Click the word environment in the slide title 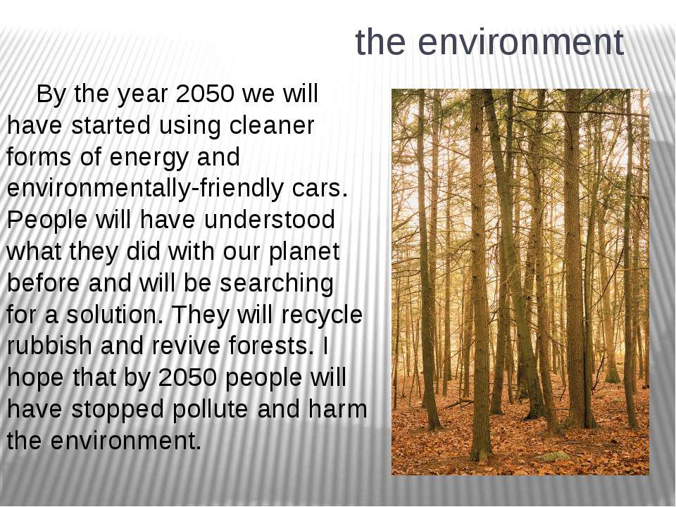click(x=521, y=42)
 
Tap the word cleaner click(x=272, y=125)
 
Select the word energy click(x=149, y=158)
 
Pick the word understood click(x=269, y=220)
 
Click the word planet click(x=304, y=252)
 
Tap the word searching click(x=276, y=284)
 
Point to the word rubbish click(x=49, y=346)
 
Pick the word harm click(x=337, y=409)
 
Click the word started click(x=111, y=125)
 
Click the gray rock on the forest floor click(x=553, y=456)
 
